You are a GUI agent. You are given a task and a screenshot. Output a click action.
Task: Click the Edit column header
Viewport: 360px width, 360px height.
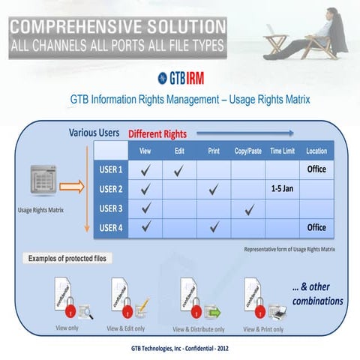click(x=179, y=151)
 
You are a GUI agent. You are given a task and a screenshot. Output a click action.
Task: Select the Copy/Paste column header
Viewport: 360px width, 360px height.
click(x=248, y=151)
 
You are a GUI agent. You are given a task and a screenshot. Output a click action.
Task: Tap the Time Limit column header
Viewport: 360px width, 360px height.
click(x=282, y=151)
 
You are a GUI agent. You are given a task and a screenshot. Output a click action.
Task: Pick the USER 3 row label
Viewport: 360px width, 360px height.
click(x=110, y=207)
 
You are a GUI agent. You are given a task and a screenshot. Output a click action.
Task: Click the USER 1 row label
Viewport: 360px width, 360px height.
click(x=110, y=169)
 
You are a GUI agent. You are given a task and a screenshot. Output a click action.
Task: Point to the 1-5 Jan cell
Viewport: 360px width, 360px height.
click(x=282, y=188)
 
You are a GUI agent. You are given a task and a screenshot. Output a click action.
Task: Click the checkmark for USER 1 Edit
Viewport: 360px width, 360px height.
click(x=179, y=170)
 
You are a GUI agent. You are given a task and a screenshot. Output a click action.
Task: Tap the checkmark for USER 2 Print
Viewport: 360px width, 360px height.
click(x=214, y=189)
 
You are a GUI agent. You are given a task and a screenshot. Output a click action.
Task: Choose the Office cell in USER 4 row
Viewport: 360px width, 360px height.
click(x=316, y=226)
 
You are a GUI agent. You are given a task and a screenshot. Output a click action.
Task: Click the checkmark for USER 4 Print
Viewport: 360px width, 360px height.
click(x=214, y=226)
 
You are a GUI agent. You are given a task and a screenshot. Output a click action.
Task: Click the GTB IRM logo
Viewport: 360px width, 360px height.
click(x=180, y=77)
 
